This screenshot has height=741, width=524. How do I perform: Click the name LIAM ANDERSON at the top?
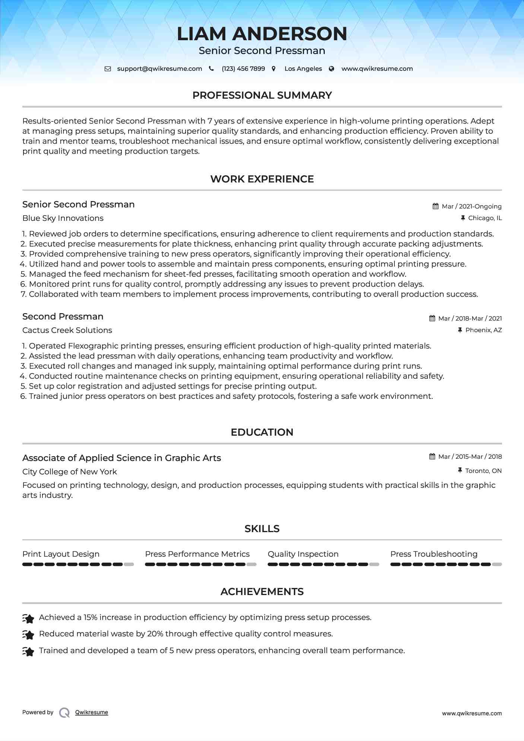(x=262, y=34)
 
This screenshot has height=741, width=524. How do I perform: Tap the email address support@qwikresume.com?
(x=159, y=69)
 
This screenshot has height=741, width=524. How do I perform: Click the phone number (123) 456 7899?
(x=243, y=69)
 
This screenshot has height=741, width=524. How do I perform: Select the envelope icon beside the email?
(x=108, y=69)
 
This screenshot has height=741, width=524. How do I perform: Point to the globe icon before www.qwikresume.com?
(x=331, y=69)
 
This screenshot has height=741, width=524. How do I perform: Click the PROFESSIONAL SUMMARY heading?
(x=262, y=95)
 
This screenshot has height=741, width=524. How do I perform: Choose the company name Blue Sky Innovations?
(x=63, y=218)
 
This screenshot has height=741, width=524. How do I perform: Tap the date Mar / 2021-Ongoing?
(x=471, y=206)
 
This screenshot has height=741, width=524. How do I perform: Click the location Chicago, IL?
(x=485, y=218)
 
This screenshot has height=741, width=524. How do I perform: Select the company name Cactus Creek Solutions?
(x=67, y=330)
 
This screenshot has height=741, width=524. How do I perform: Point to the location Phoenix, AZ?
(x=483, y=330)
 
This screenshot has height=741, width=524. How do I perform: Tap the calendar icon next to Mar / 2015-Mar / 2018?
(x=432, y=457)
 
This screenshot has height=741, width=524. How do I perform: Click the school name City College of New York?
(x=70, y=472)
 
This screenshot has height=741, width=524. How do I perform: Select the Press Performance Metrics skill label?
(x=197, y=554)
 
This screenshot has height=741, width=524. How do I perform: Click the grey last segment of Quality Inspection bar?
(x=374, y=565)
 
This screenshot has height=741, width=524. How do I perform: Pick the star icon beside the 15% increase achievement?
(x=28, y=618)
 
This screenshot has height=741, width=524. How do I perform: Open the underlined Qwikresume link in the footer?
(x=92, y=712)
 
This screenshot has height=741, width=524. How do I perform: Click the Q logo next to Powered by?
(x=64, y=712)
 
